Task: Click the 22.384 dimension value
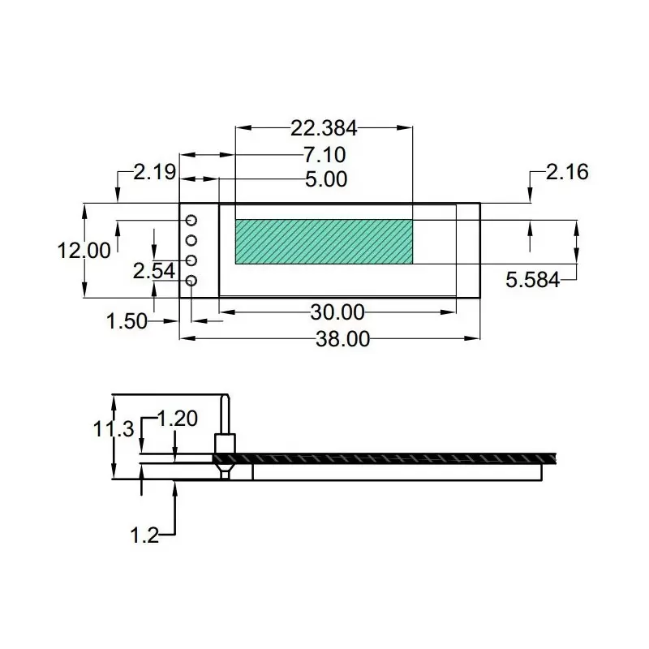point(324,127)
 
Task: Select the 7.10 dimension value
point(324,154)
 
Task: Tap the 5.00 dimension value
point(325,179)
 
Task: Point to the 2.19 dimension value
point(155,172)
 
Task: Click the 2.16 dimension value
point(567,172)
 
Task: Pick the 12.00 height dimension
point(84,251)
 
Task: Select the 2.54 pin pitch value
point(154,271)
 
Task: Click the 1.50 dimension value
point(127,321)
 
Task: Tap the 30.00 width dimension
point(337,312)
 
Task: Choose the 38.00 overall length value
point(342,339)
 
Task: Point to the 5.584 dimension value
point(532,281)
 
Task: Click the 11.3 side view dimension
point(113,429)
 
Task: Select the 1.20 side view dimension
point(176,419)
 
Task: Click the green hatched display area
point(324,242)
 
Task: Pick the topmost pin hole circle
point(192,221)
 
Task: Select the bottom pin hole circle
point(192,282)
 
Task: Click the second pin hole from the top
point(192,240)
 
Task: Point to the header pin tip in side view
point(225,399)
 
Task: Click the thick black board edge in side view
point(389,458)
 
